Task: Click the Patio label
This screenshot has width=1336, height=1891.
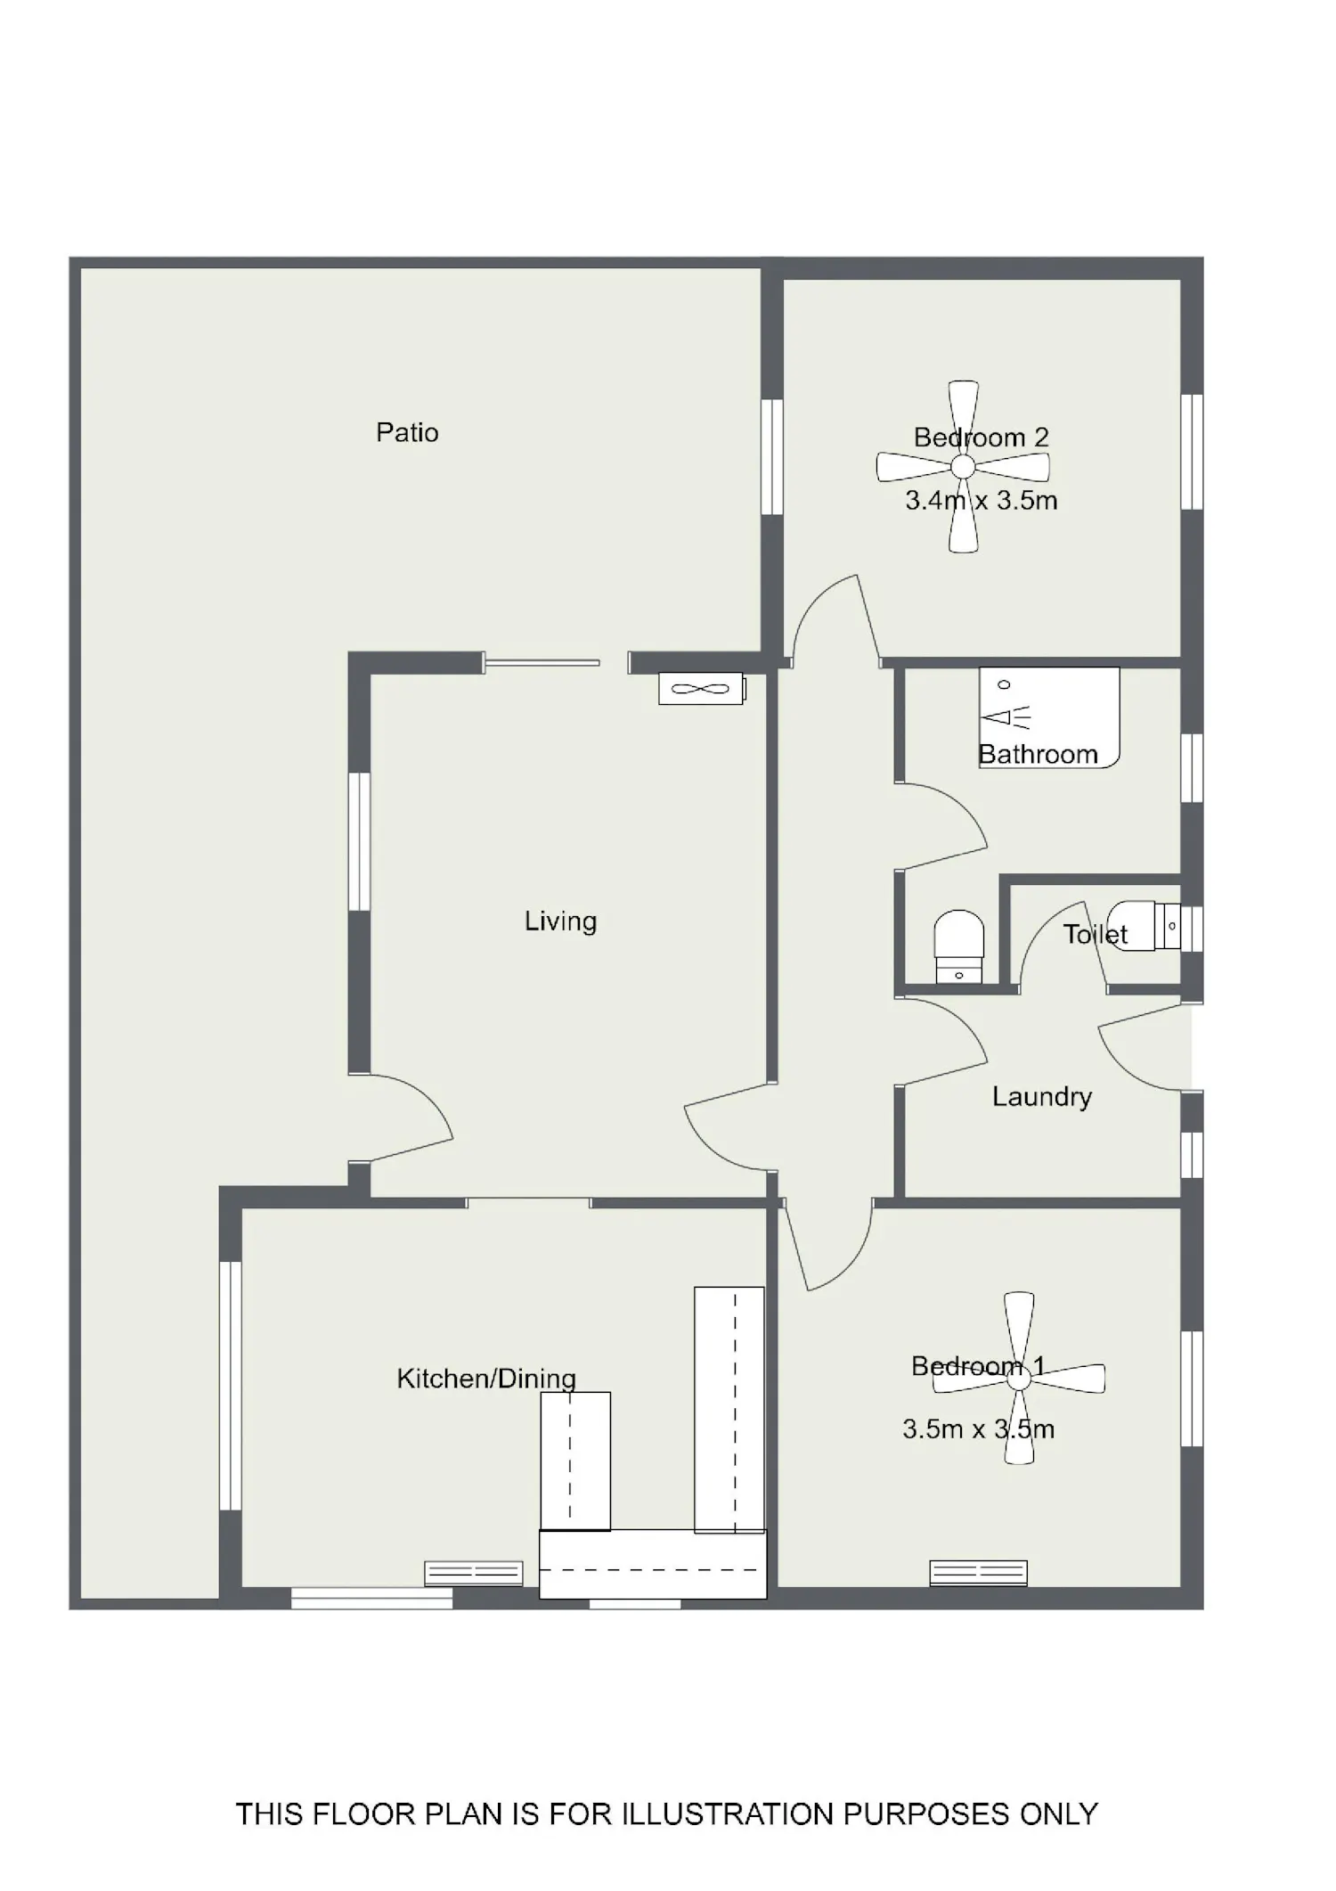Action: (407, 433)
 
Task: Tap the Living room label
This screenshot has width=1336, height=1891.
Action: (560, 921)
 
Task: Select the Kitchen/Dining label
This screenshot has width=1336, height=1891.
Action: (486, 1379)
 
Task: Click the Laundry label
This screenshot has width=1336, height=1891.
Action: (1042, 1097)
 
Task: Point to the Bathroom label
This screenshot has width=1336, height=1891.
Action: (1038, 755)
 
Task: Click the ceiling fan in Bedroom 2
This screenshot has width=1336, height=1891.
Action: (963, 467)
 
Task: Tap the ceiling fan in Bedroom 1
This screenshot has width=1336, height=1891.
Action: (1019, 1378)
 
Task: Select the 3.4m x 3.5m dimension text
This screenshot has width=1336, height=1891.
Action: (982, 501)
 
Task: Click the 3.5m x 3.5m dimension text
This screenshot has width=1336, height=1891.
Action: (978, 1429)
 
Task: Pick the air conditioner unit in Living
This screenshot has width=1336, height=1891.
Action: (701, 688)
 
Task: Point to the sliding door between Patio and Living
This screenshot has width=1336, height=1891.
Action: (542, 662)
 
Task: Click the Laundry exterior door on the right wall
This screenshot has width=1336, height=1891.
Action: (1145, 1047)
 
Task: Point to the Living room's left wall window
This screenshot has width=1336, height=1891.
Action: (359, 841)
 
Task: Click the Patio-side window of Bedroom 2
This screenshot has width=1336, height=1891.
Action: (771, 456)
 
